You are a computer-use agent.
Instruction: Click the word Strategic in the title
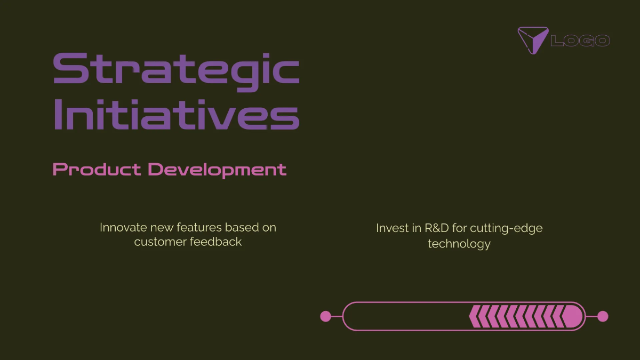coord(176,69)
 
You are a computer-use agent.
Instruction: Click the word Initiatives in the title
coord(176,114)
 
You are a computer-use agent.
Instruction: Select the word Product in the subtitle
coord(97,170)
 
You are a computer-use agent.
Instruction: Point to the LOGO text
coord(580,41)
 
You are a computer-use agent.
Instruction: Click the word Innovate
coord(123,227)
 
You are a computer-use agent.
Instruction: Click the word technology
coord(459,244)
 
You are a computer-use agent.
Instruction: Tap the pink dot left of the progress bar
coord(325,316)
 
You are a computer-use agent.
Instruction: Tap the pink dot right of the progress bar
coord(603,316)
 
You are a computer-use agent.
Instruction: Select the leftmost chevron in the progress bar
coord(473,316)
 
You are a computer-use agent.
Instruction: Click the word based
coord(239,227)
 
